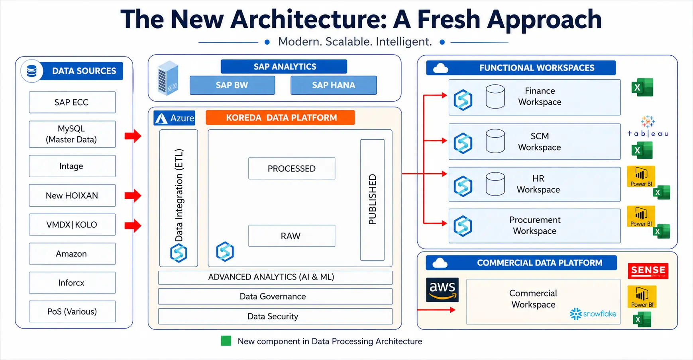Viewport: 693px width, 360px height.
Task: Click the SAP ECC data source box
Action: (72, 102)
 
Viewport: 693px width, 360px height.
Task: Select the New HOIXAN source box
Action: (72, 195)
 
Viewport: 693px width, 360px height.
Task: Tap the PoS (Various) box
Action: (72, 311)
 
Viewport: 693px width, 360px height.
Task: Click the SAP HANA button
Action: (334, 85)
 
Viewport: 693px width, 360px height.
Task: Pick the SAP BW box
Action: (232, 85)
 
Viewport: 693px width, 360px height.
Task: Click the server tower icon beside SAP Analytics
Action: (168, 78)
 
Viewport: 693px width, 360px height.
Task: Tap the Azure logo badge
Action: (175, 118)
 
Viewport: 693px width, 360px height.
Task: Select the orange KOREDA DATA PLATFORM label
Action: (280, 117)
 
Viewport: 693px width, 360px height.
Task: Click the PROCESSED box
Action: (292, 168)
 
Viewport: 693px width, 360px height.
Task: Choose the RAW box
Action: (292, 236)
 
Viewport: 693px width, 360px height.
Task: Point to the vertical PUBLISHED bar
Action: (372, 200)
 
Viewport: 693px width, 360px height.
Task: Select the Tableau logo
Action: (648, 127)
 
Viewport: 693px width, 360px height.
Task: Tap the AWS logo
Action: (442, 290)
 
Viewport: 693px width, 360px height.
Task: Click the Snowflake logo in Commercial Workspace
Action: (593, 314)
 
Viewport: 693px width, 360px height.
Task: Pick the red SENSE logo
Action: (648, 271)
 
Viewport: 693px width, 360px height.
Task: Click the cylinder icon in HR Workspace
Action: (495, 184)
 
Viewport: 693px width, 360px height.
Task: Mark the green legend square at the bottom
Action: (226, 341)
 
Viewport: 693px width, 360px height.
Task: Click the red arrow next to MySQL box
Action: (133, 136)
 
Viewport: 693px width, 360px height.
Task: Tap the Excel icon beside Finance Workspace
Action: (642, 88)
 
